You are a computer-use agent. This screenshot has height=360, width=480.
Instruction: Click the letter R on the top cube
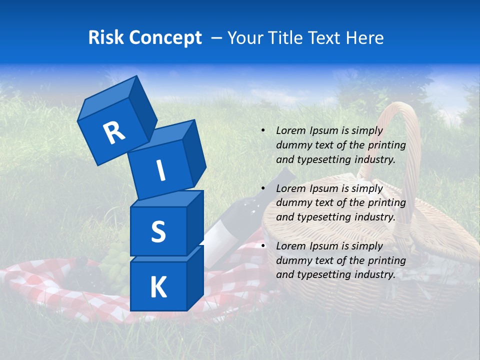pyautogui.click(x=114, y=132)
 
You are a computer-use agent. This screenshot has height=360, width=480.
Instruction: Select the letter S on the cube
pyautogui.click(x=158, y=231)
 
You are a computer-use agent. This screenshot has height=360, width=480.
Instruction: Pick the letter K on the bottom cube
pyautogui.click(x=158, y=287)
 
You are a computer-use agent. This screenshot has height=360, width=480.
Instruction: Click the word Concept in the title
pyautogui.click(x=164, y=38)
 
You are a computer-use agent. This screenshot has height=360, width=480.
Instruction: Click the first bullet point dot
pyautogui.click(x=262, y=130)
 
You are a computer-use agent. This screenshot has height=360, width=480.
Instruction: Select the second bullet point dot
pyautogui.click(x=262, y=188)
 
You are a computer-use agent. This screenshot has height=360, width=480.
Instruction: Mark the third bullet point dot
pyautogui.click(x=262, y=246)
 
